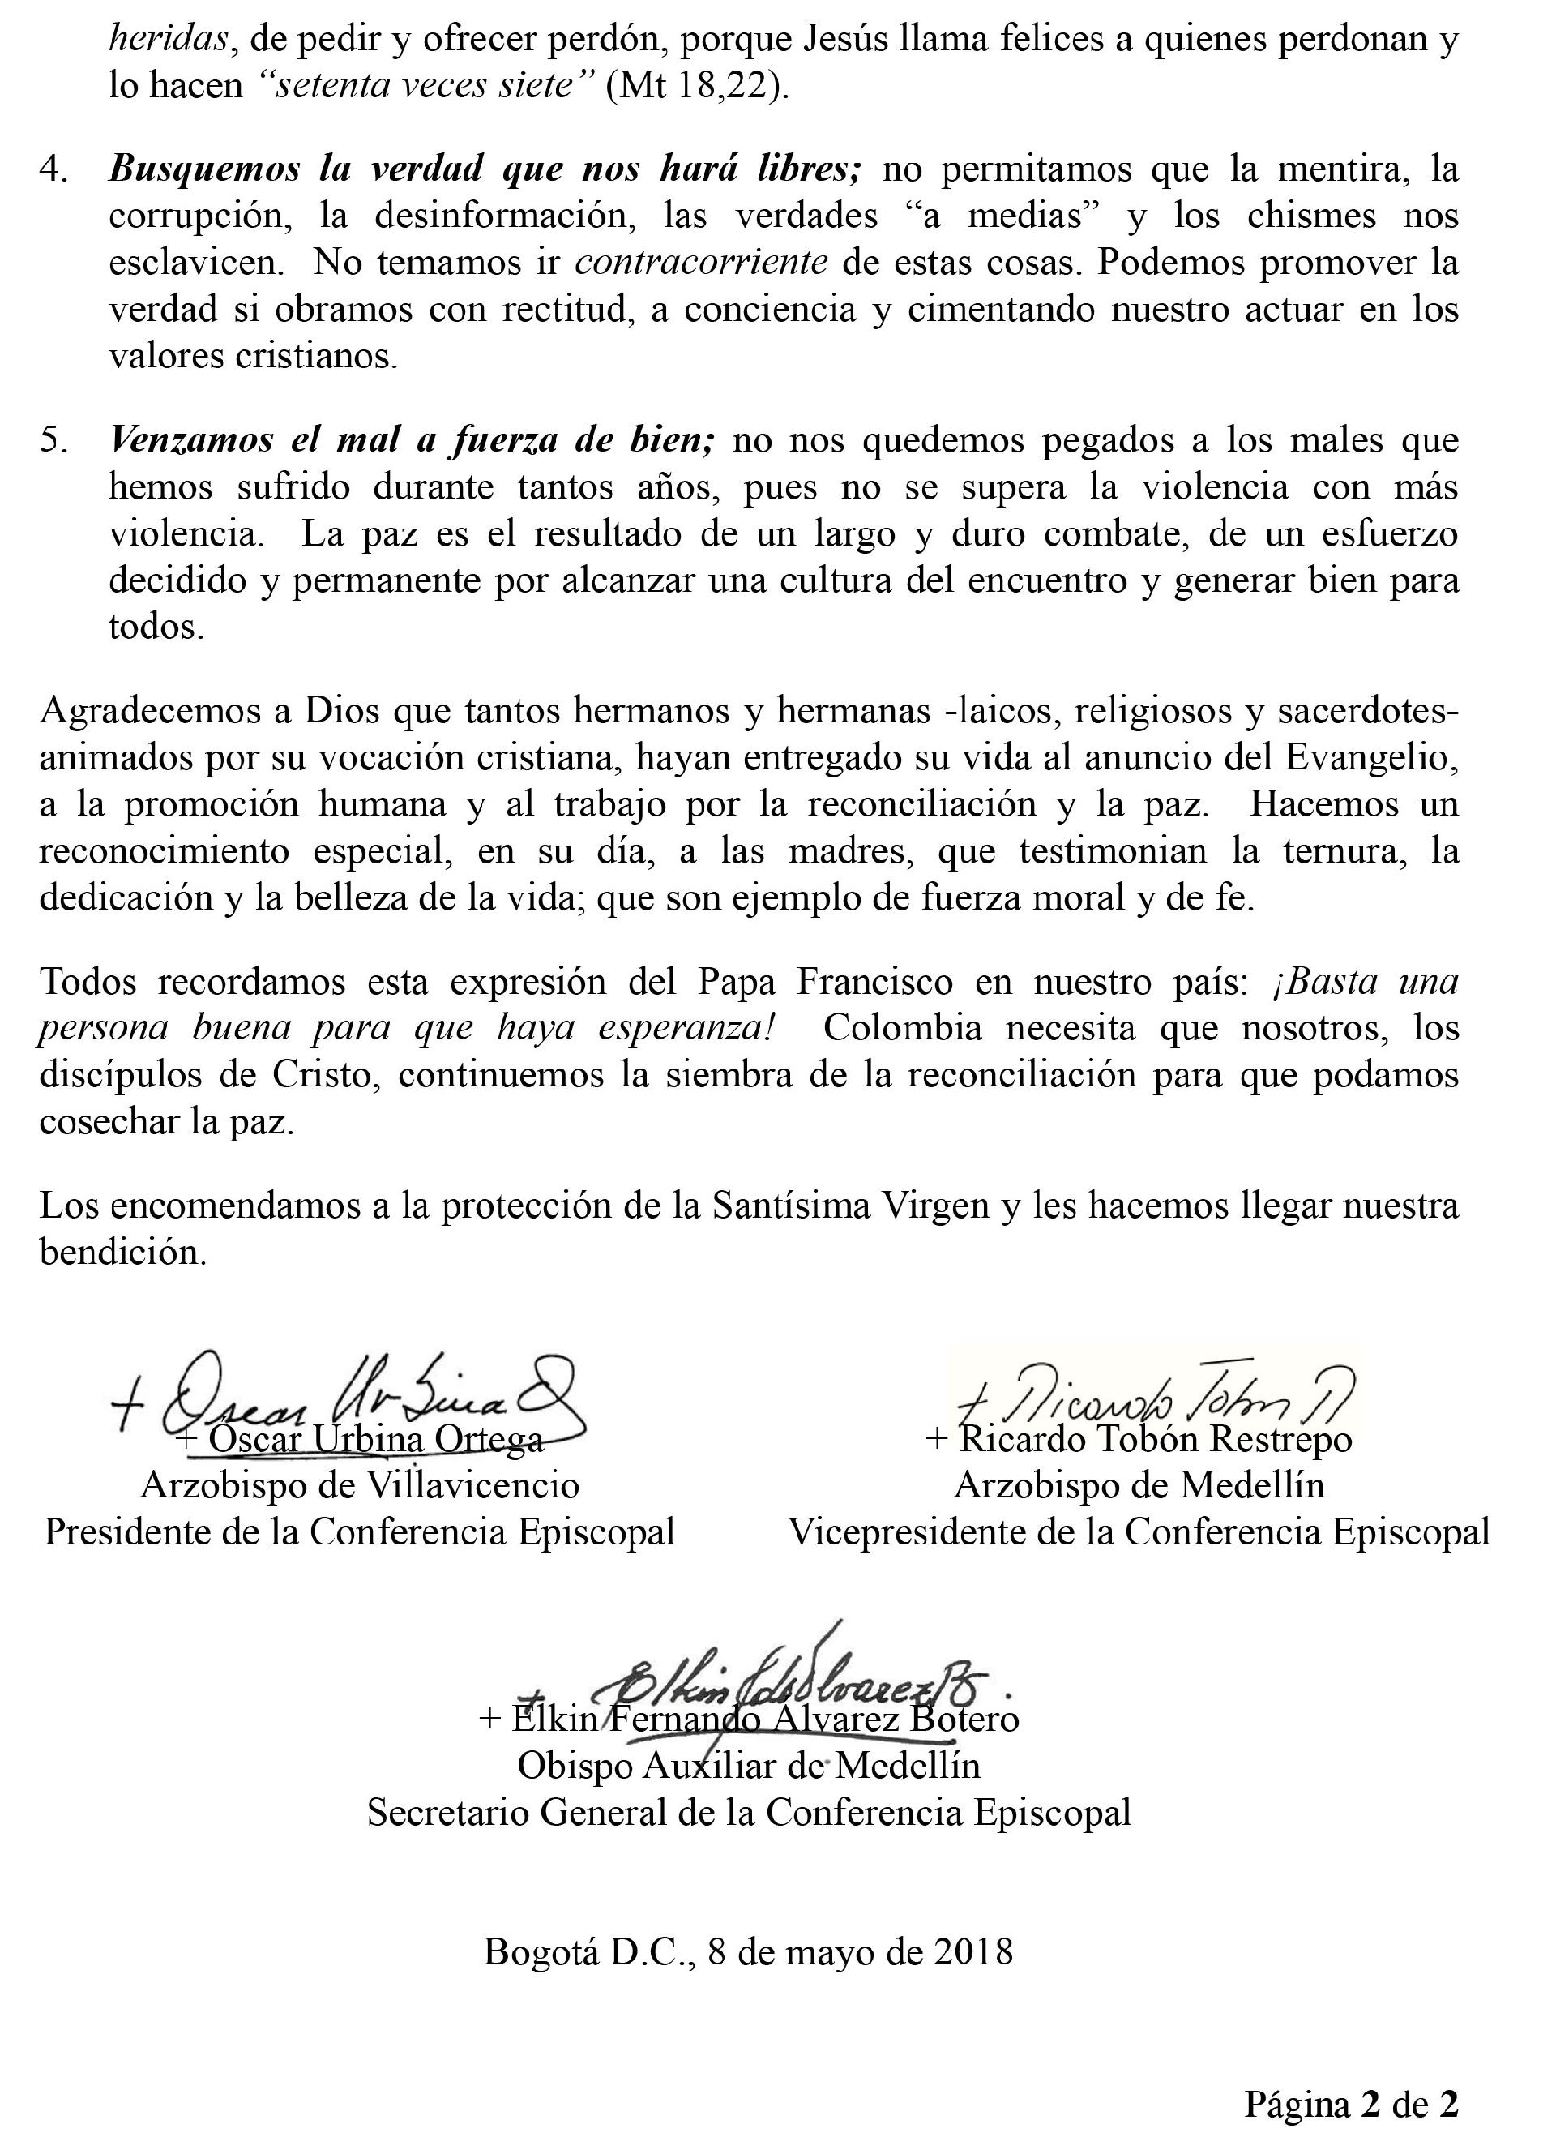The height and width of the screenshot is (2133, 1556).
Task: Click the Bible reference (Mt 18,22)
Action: coord(692,86)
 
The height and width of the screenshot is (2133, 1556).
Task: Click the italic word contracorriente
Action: coord(702,263)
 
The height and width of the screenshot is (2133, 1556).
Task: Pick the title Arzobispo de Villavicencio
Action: coord(360,1486)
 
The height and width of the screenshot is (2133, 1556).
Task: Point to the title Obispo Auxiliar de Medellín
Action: coord(749,1765)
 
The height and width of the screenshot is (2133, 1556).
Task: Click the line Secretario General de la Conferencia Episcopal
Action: coord(749,1812)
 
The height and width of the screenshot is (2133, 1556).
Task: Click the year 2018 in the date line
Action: coord(974,1951)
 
